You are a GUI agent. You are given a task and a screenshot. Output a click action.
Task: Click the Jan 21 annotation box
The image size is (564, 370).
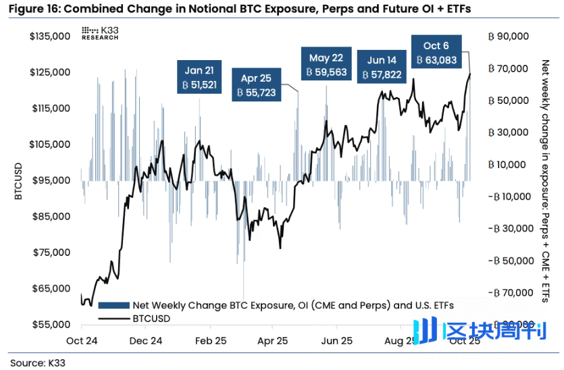pyautogui.click(x=199, y=77)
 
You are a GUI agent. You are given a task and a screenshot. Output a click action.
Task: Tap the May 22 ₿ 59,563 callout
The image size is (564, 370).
pyautogui.click(x=327, y=65)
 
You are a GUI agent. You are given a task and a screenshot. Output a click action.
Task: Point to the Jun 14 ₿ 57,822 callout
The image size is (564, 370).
pyautogui.click(x=382, y=68)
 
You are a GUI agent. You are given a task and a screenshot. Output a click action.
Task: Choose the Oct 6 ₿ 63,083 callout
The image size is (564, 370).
pyautogui.click(x=436, y=53)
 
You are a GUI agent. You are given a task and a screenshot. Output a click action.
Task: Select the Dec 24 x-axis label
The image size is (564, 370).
pyautogui.click(x=146, y=341)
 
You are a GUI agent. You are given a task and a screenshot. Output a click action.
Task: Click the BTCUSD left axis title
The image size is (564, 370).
pyautogui.click(x=19, y=180)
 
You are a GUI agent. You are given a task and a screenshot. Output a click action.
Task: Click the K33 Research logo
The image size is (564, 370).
pyautogui.click(x=99, y=34)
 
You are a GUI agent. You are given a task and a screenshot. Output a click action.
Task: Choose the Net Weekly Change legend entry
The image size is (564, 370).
pyautogui.click(x=270, y=305)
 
